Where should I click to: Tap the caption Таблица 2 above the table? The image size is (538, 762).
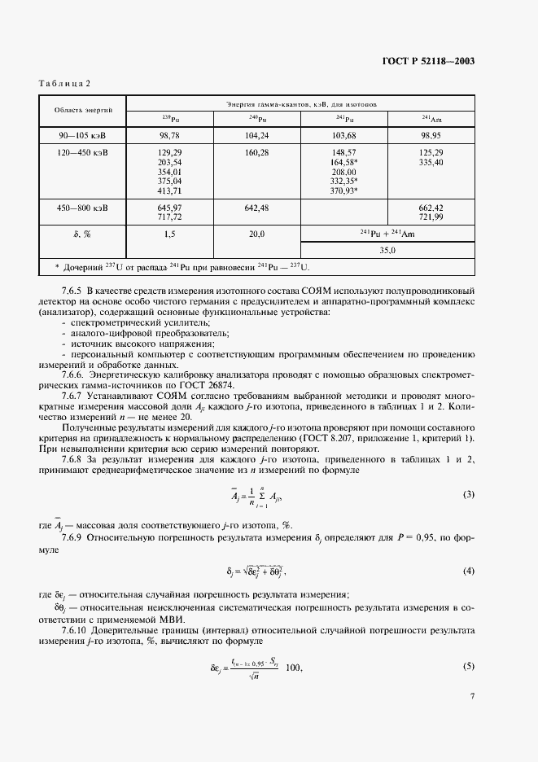coord(66,85)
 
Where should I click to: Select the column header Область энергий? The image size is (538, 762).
coord(84,109)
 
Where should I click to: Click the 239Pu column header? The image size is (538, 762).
coord(170,119)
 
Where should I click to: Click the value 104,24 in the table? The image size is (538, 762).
coord(256,134)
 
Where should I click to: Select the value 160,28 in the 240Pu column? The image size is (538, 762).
coord(256,152)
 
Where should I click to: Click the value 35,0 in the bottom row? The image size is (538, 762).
coord(387,251)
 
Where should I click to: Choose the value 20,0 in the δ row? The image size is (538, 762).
coord(256,234)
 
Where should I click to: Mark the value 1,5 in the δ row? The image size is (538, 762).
coord(170,234)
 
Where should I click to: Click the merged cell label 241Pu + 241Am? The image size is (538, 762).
coord(387,234)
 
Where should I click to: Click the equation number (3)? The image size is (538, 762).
coord(468,495)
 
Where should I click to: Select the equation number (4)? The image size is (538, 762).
coord(468,571)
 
